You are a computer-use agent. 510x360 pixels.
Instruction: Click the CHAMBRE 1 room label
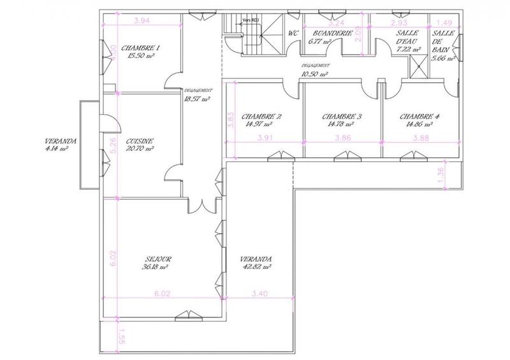coord(140,48)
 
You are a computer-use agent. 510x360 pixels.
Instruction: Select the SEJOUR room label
coord(154,259)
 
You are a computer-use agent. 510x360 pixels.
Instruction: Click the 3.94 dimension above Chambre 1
coord(142,21)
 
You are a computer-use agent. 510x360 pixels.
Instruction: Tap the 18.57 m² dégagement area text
coord(196,99)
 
